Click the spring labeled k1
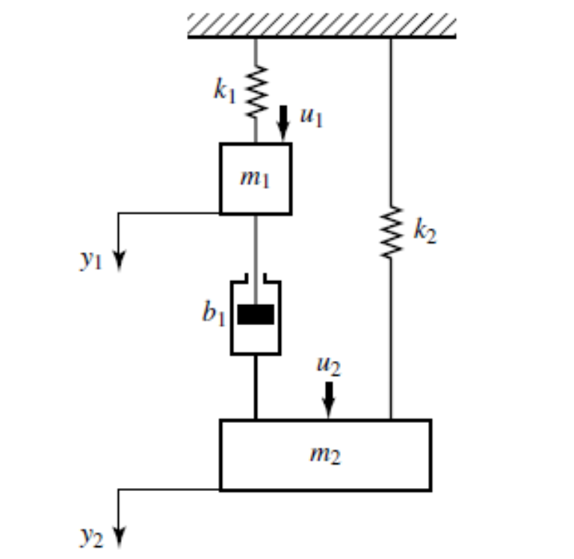pos(256,91)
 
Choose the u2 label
pos(327,365)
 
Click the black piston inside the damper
pos(256,315)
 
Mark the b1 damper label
pos(213,313)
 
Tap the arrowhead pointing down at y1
pos(120,264)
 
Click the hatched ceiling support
pos(321,25)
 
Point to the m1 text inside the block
pos(255,179)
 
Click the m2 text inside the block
pos(325,454)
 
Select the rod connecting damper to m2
pos(256,386)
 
